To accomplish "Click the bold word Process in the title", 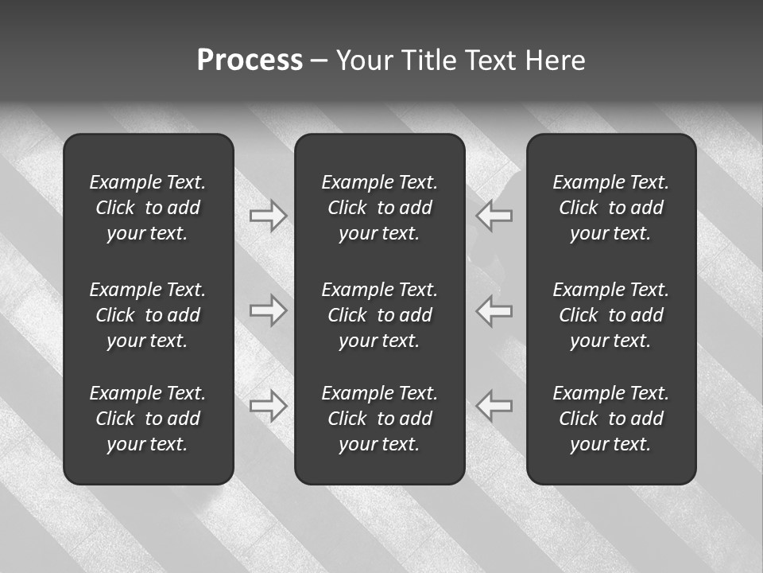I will click(x=250, y=60).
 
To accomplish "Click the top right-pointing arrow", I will click(x=269, y=216).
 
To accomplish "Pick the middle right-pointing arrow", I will click(x=269, y=310).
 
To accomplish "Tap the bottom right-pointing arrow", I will click(x=269, y=406).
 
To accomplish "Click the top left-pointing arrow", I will click(x=494, y=216).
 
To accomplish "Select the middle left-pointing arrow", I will click(x=494, y=310).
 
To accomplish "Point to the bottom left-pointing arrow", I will click(x=494, y=406).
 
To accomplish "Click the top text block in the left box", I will click(x=148, y=208).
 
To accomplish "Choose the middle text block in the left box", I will click(x=148, y=315).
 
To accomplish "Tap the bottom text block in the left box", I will click(x=148, y=419).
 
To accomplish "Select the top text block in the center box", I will click(x=380, y=208).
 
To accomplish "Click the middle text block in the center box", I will click(x=380, y=315).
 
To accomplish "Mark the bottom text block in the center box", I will click(x=380, y=419).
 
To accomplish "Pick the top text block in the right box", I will click(x=611, y=208).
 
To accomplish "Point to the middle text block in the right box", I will click(x=611, y=315).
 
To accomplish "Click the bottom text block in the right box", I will click(x=611, y=419).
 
